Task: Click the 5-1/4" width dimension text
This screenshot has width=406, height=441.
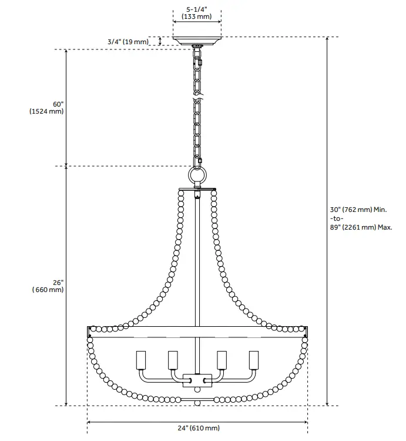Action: [x=197, y=9]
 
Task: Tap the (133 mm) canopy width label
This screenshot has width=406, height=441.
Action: [x=197, y=16]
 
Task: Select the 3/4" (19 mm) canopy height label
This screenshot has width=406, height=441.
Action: [x=128, y=42]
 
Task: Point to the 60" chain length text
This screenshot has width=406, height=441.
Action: [x=57, y=104]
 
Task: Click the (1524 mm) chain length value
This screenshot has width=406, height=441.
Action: [x=46, y=112]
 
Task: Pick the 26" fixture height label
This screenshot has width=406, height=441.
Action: [x=57, y=282]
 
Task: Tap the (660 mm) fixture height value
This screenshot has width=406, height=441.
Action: [x=48, y=290]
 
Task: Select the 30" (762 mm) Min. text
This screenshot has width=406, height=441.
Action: [x=358, y=210]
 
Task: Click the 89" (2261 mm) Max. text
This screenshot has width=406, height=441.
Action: [x=361, y=227]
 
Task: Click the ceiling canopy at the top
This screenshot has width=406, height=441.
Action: [x=197, y=42]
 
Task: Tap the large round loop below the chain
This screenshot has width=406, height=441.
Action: [x=197, y=177]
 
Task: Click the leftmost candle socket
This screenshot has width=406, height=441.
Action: [x=141, y=359]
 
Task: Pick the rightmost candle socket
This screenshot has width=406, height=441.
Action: [x=254, y=359]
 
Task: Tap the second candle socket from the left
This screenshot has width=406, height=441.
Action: [x=173, y=359]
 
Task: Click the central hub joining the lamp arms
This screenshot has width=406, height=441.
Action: [x=197, y=380]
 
